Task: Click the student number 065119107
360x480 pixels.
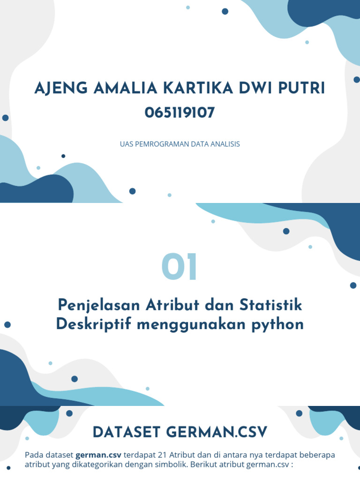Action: pyautogui.click(x=180, y=113)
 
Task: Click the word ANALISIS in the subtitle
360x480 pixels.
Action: pyautogui.click(x=225, y=144)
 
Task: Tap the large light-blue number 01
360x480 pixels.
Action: pyautogui.click(x=180, y=267)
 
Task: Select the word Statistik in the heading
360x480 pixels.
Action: pyautogui.click(x=272, y=305)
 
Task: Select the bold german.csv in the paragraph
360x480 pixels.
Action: pyautogui.click(x=98, y=455)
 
